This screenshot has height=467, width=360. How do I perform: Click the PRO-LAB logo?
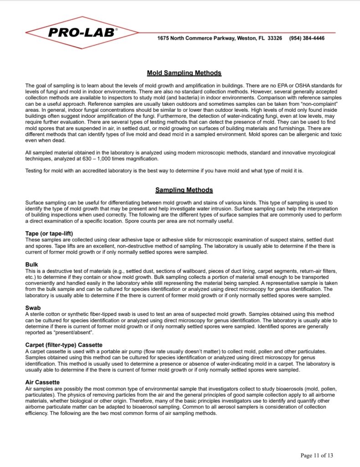point(82,32)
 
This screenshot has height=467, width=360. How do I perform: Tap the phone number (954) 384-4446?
point(307,38)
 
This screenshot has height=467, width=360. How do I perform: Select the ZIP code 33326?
point(273,38)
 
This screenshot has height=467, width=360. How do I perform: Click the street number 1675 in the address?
point(164,38)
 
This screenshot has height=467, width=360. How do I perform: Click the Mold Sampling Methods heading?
point(184,73)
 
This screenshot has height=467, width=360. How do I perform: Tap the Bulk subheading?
point(32,264)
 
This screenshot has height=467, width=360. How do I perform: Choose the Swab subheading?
point(33,308)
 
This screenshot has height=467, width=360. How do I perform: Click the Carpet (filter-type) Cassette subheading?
point(64,344)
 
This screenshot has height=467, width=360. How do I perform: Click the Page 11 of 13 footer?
point(317,455)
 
